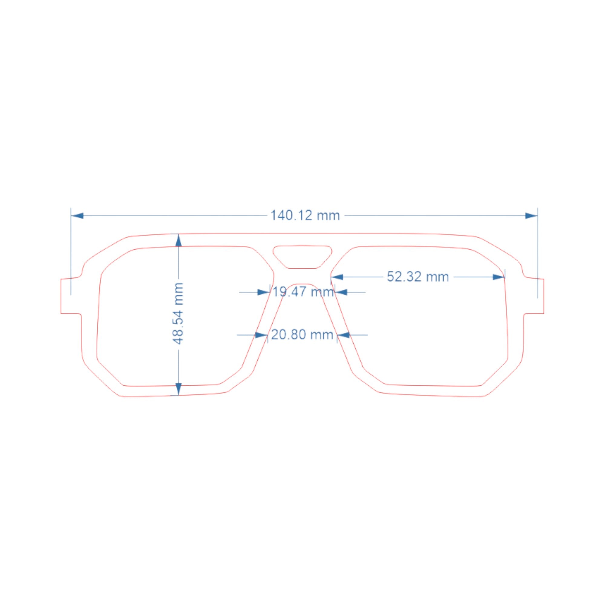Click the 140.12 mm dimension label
point(305,216)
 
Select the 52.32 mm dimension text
point(418,277)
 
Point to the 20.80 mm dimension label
point(302,335)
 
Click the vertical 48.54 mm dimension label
point(178,313)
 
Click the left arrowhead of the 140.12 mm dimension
point(77,216)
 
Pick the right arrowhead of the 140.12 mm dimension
point(531,216)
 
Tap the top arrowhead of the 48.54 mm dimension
point(178,240)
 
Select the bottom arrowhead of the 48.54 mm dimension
point(178,389)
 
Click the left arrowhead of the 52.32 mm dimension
point(337,277)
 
